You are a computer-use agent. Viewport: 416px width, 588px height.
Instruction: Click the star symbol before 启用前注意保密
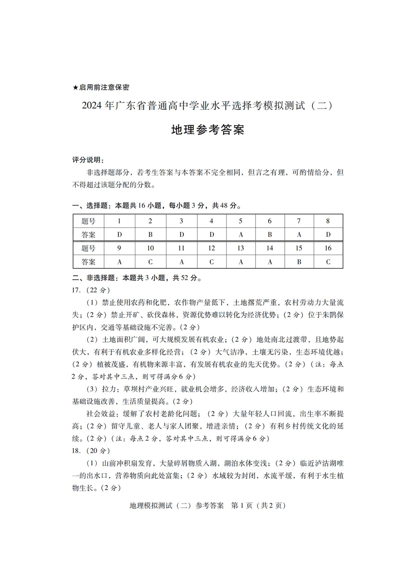click(75, 87)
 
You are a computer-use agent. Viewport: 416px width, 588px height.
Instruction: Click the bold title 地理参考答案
click(208, 130)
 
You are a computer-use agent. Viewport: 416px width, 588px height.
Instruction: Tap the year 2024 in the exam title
click(92, 106)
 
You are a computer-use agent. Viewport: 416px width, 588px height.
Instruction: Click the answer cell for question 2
click(150, 235)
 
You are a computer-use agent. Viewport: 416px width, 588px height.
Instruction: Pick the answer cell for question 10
click(150, 262)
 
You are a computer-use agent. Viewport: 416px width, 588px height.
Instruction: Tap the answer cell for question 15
click(299, 262)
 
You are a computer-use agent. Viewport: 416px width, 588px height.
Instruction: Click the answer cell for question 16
click(328, 262)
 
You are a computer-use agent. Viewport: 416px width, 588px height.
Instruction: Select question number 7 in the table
click(299, 221)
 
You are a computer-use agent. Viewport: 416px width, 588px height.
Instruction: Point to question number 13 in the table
click(240, 248)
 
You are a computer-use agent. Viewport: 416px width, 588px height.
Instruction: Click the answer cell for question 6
click(270, 235)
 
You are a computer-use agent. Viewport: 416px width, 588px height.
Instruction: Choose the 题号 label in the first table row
click(88, 221)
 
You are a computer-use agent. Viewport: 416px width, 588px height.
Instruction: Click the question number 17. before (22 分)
click(77, 290)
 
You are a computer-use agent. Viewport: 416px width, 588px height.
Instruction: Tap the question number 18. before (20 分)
click(77, 451)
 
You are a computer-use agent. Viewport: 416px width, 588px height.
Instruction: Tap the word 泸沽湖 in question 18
click(321, 463)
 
